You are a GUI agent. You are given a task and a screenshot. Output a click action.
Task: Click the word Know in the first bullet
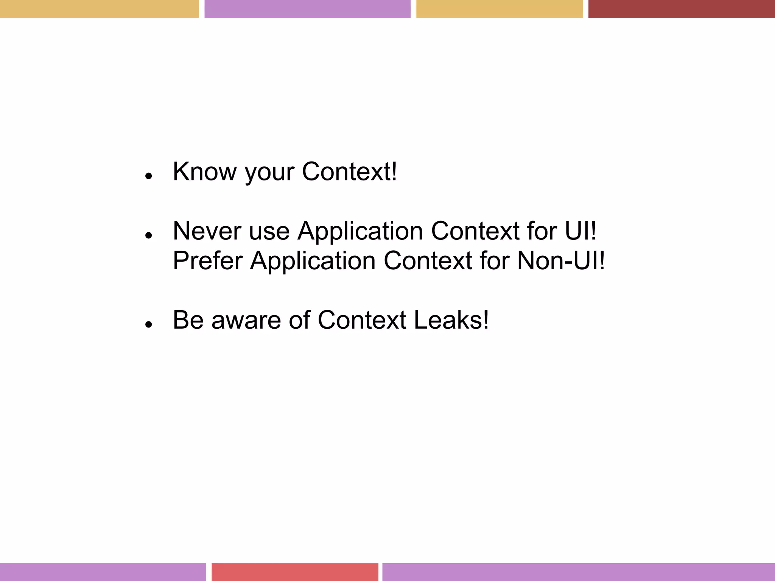[204, 172]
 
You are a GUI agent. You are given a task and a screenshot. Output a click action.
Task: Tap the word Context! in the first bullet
[349, 172]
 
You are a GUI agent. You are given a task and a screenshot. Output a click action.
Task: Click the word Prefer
[207, 261]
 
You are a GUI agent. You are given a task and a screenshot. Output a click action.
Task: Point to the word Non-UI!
[561, 261]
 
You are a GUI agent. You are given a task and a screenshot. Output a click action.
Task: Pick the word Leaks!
[451, 320]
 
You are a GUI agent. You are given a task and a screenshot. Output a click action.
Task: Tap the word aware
[246, 320]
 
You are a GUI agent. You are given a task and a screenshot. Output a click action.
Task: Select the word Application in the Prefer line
[313, 261]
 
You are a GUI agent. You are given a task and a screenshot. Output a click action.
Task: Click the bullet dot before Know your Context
[148, 176]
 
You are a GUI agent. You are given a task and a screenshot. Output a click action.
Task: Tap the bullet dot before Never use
[148, 235]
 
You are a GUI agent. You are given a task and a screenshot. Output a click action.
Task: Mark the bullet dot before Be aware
[148, 325]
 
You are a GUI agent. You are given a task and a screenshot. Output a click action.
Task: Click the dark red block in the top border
[681, 8]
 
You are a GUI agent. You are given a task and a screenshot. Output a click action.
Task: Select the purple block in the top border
[307, 8]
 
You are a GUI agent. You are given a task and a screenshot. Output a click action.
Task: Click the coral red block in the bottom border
[295, 572]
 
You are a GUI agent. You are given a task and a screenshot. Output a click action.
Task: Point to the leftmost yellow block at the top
[99, 8]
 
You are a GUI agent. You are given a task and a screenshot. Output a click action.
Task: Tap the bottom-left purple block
[103, 572]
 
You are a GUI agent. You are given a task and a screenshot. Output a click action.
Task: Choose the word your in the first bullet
[269, 172]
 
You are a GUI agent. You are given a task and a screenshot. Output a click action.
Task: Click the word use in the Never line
[269, 231]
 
